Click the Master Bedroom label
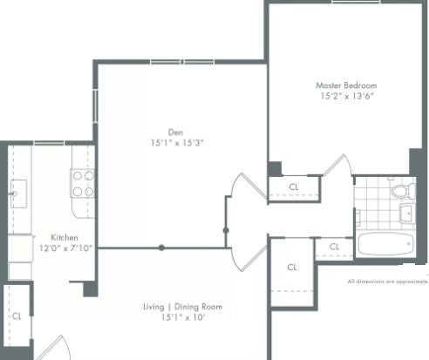coord(346,85)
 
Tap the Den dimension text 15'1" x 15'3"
coord(177,143)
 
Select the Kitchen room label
coord(65,237)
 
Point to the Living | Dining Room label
coord(183,307)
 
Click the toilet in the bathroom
coord(404,191)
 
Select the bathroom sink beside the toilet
coord(407,214)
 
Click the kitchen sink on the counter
coord(19,194)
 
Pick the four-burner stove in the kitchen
coord(83,183)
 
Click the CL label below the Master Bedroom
coord(294,187)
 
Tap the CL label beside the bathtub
coord(334,247)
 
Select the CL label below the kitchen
coord(17,316)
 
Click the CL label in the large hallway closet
coord(292,268)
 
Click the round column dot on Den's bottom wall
coord(161,248)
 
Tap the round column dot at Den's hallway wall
coord(226,230)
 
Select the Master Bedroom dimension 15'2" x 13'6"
coord(347,96)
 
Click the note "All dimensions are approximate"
coord(388,282)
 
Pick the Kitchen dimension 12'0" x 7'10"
coord(65,248)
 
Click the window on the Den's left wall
coord(95,106)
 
